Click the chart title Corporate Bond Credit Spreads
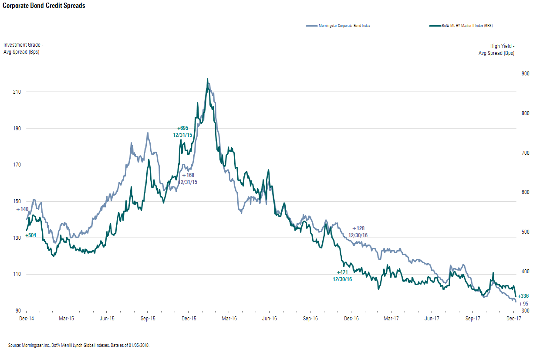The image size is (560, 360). [44, 6]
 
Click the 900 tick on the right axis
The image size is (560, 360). [525, 74]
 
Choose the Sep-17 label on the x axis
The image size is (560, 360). [472, 319]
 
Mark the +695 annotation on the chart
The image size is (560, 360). [182, 128]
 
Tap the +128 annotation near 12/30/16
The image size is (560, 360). [358, 228]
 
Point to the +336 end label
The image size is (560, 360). [523, 296]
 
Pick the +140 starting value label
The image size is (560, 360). [22, 210]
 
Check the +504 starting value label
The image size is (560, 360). [30, 235]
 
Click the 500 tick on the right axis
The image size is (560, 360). [525, 232]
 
